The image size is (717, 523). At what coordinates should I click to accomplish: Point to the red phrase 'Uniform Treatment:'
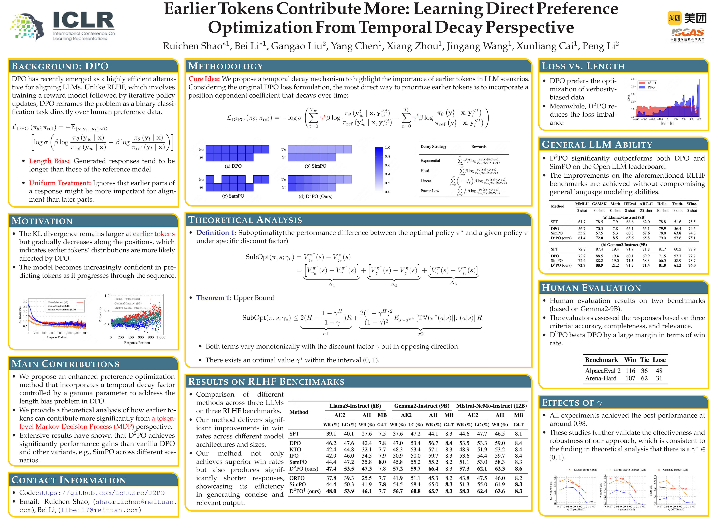pos(60,183)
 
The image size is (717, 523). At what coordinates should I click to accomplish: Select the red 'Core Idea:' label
pos(204,79)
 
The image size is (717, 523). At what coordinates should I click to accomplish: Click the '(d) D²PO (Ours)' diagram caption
pos(315,196)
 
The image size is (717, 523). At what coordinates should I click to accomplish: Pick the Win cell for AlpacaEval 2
pos(630,370)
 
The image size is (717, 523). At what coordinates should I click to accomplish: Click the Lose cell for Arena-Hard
pos(659,378)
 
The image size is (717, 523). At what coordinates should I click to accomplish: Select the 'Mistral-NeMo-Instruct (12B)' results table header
pos(491,406)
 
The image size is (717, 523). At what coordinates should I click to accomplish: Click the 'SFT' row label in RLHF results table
pos(294,434)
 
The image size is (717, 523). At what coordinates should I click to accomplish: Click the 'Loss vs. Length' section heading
pos(583,66)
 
